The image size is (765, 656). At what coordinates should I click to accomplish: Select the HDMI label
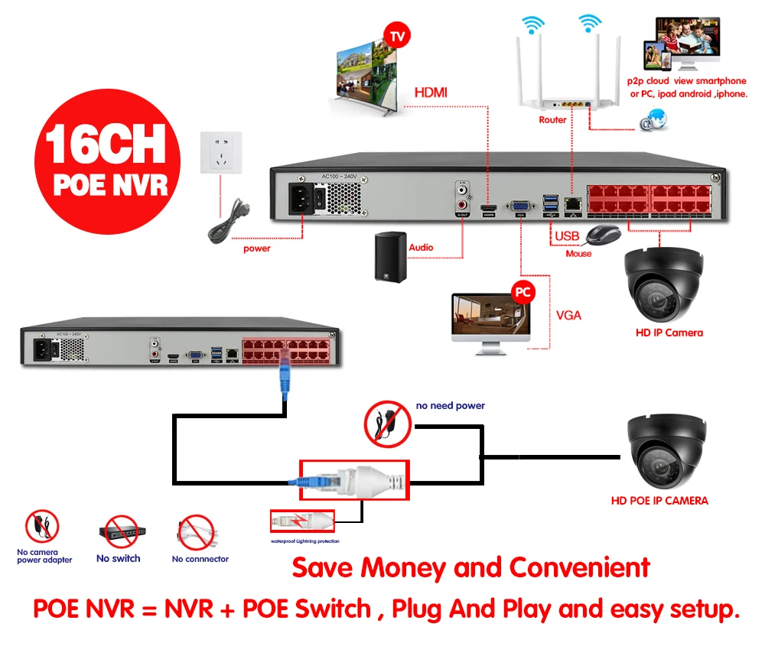pos(431,93)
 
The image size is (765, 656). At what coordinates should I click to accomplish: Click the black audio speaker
pos(390,255)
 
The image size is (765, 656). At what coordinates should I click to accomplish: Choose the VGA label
pos(568,314)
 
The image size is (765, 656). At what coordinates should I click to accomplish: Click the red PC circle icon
pos(523,293)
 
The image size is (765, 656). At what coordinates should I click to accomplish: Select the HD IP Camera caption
pos(669,333)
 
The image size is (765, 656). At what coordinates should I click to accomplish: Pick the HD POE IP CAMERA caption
pos(659,501)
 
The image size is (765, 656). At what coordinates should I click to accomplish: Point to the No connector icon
pos(197,532)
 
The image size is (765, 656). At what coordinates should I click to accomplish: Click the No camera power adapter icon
pos(43,527)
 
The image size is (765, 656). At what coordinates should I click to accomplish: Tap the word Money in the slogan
pos(405,568)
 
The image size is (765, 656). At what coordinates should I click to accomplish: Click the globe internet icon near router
pos(653,119)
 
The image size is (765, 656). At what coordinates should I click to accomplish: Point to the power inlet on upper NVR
pos(302,199)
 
